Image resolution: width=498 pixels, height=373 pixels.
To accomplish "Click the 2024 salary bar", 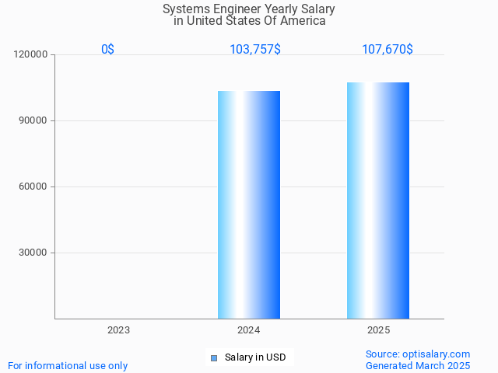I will [x=249, y=204].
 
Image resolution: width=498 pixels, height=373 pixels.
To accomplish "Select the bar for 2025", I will [x=378, y=200].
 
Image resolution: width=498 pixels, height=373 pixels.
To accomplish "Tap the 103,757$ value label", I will [x=255, y=50].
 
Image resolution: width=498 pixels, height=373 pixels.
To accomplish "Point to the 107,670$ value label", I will [x=388, y=50].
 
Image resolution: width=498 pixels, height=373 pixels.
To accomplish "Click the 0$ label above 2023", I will [x=107, y=50].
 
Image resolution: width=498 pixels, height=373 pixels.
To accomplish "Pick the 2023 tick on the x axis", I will [x=119, y=330].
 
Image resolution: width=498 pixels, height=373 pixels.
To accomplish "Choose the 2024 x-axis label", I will [x=249, y=330].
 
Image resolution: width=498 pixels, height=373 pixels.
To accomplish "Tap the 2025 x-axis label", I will [x=378, y=330].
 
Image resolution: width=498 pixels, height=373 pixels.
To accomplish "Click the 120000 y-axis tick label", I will [x=32, y=55].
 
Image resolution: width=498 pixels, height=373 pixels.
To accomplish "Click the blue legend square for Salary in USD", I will [x=214, y=358].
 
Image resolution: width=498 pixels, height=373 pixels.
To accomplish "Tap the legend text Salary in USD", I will [x=255, y=358].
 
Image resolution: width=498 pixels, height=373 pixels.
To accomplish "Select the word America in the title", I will [x=302, y=21].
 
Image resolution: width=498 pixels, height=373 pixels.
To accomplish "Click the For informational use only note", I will [x=68, y=366].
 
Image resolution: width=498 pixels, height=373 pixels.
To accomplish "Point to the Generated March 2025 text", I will [x=418, y=366].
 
